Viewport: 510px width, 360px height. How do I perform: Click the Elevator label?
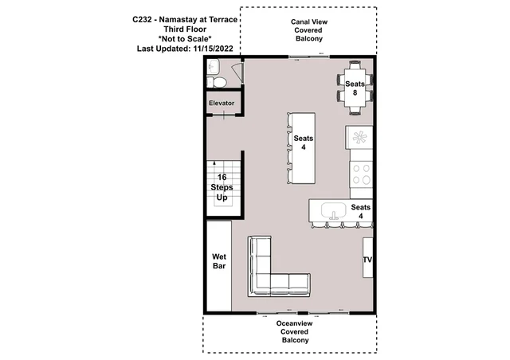[222, 103]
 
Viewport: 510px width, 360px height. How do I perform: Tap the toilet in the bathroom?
[218, 82]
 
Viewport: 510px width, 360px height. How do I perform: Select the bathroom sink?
[214, 68]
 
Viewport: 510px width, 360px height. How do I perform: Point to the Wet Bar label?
[219, 261]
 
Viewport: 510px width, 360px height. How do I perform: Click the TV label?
[367, 260]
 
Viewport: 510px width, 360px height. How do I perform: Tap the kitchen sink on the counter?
[333, 211]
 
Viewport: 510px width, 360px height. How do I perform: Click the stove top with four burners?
[361, 174]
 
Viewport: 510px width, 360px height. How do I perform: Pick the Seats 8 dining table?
[355, 88]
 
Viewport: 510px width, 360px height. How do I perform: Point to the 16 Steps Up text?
[222, 187]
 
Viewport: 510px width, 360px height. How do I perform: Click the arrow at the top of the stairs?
[214, 163]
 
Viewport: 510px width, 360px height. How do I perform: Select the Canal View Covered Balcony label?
[308, 30]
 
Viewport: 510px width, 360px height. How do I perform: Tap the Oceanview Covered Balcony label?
[295, 331]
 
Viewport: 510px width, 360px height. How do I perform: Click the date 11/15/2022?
[213, 49]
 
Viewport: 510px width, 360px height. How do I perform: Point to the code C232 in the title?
[142, 19]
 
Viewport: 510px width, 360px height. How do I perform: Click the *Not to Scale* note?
[185, 39]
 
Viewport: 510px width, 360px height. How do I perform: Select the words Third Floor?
[185, 29]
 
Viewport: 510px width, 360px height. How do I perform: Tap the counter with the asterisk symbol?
[359, 138]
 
